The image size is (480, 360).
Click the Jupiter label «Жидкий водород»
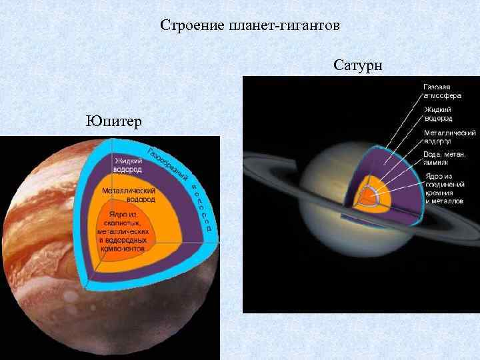tap(127, 165)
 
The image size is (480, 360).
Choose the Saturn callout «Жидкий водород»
tap(439, 113)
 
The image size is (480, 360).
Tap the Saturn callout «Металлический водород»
tap(448, 137)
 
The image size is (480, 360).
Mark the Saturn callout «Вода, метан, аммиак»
tap(445, 159)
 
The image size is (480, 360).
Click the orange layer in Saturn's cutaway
tap(361, 203)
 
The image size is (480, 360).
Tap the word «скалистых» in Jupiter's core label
tap(123, 223)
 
